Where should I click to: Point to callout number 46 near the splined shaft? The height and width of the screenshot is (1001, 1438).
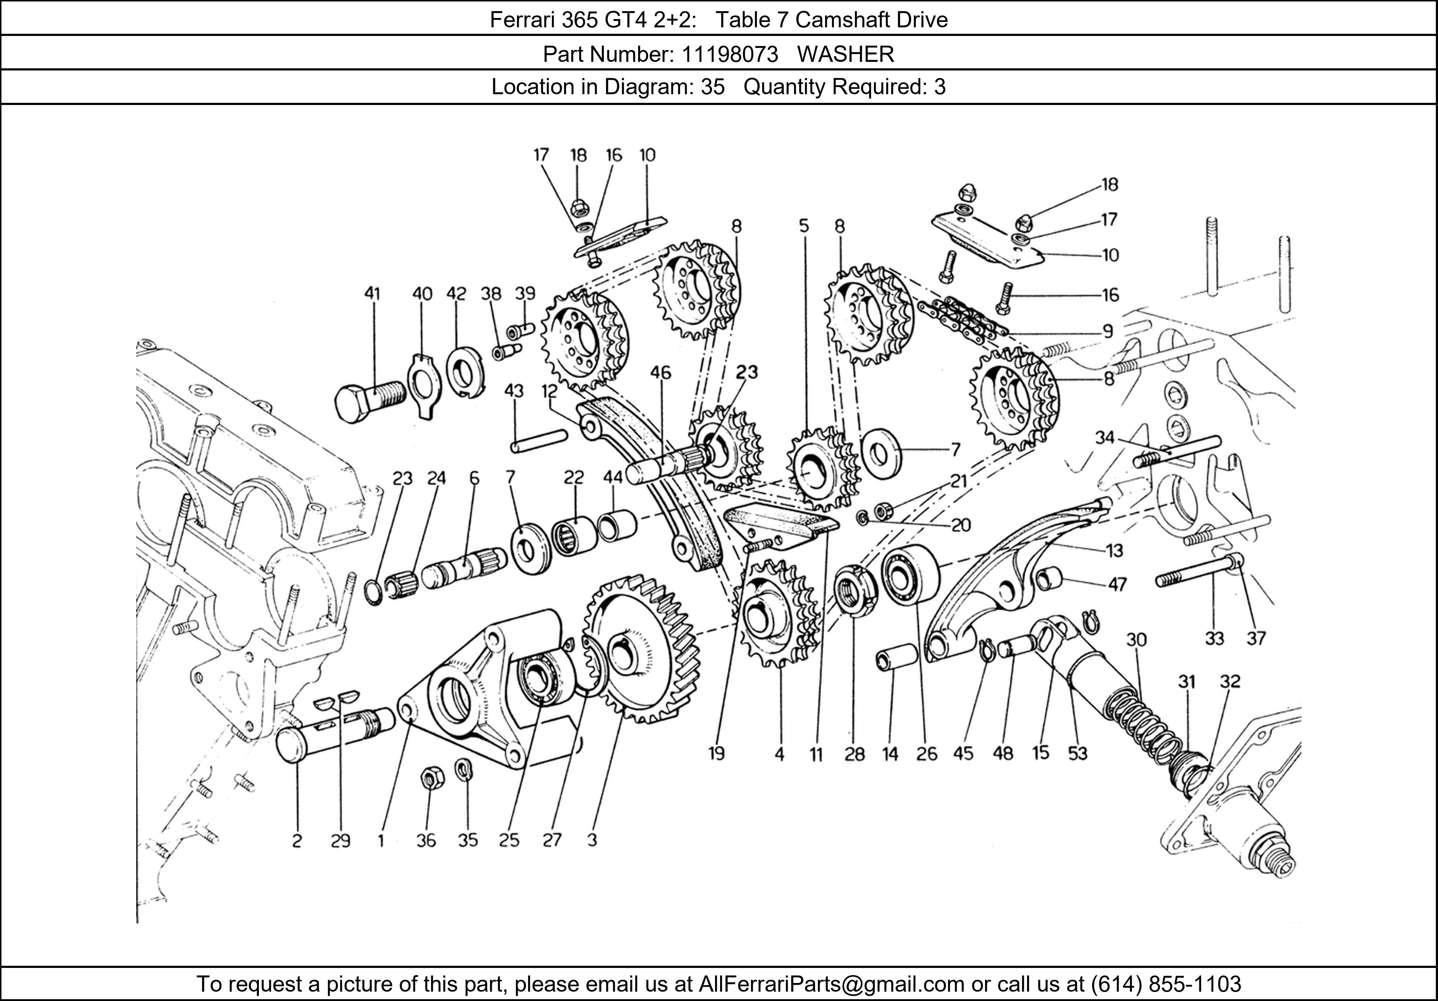pos(660,373)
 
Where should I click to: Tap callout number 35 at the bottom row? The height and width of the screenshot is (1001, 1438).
pos(468,840)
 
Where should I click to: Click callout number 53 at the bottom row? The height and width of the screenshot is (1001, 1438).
pos(1077,754)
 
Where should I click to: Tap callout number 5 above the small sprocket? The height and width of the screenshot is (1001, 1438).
pos(803,225)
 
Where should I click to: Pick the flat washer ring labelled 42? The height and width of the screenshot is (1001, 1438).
pos(465,375)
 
